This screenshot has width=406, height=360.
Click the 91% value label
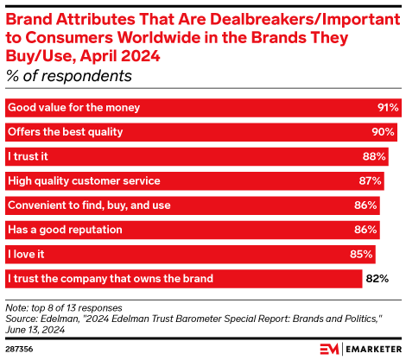pyautogui.click(x=387, y=108)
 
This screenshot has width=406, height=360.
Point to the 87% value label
pyautogui.click(x=371, y=181)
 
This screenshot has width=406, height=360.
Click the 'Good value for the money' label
pyautogui.click(x=73, y=108)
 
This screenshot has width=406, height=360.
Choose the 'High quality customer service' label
pyautogui.click(x=84, y=181)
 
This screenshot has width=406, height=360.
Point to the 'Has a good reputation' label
pyautogui.click(x=65, y=230)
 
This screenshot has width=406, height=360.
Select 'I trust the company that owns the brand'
pyautogui.click(x=110, y=279)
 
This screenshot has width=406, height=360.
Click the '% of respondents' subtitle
pyautogui.click(x=69, y=76)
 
